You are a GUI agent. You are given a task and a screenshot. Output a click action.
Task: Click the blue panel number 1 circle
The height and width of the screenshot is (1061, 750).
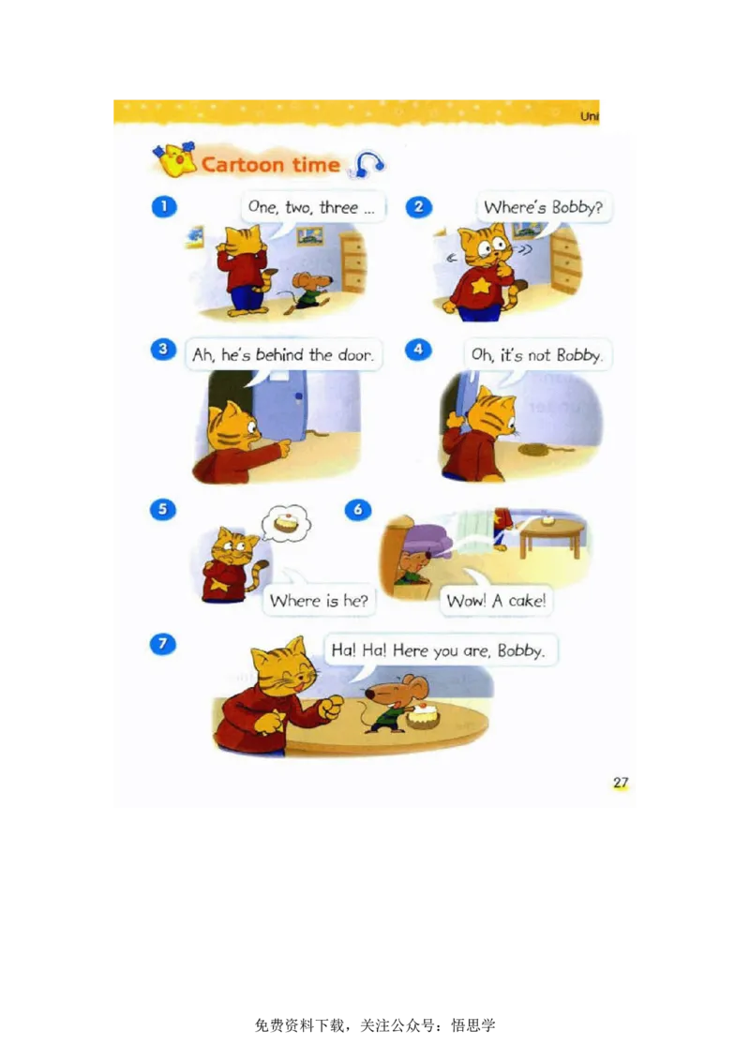[164, 206]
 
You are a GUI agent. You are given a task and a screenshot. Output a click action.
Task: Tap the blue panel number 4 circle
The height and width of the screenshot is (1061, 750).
[418, 350]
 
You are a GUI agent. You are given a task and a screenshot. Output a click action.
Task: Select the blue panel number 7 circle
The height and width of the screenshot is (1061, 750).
[162, 644]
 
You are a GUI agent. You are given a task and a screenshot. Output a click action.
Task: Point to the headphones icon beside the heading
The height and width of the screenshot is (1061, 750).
[367, 164]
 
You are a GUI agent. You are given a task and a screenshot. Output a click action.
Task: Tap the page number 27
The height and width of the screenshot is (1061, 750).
[621, 783]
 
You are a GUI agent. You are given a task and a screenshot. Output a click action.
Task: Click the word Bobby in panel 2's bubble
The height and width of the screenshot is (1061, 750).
[576, 207]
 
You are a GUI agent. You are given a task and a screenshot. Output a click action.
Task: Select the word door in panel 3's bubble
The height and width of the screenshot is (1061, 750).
[354, 354]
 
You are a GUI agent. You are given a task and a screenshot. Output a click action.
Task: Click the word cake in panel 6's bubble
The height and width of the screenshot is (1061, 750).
[527, 600]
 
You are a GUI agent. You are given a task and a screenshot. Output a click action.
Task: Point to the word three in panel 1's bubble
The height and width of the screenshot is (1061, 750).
[338, 207]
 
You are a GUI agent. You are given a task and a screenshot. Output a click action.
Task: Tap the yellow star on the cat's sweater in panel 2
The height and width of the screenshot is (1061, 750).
[481, 284]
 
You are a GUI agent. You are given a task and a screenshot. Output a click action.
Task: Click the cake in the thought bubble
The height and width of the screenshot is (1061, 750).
[286, 522]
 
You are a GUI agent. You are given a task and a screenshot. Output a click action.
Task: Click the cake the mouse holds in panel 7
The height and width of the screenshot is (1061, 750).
[423, 716]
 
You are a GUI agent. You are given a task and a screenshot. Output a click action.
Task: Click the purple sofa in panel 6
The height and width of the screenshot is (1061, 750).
[427, 539]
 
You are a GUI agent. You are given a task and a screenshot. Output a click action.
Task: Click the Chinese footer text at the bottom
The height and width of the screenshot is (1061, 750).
[375, 1025]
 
